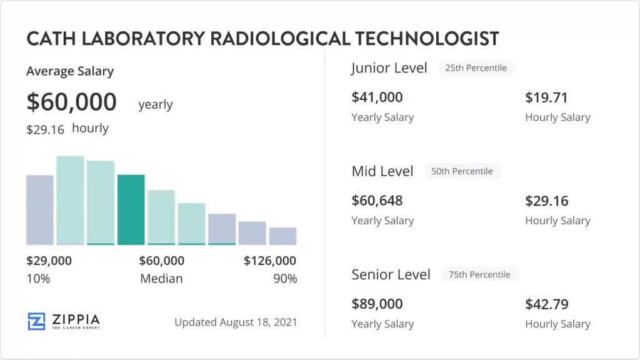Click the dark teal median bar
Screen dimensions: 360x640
click(x=131, y=209)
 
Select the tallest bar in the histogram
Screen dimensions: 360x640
click(x=70, y=200)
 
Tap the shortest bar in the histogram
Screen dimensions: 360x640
click(x=282, y=236)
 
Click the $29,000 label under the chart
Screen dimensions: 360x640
click(x=49, y=261)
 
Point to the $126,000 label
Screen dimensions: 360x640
click(x=270, y=261)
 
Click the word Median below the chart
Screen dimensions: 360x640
click(x=161, y=279)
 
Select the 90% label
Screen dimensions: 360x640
click(x=285, y=279)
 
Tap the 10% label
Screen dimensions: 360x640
click(x=38, y=279)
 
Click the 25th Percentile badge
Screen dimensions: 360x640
click(x=476, y=68)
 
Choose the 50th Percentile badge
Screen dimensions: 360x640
click(x=462, y=171)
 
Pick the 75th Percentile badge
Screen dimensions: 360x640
click(x=479, y=274)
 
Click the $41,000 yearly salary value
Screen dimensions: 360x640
click(x=377, y=97)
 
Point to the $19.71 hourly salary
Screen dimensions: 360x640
click(x=546, y=97)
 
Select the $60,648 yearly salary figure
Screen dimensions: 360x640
click(x=377, y=201)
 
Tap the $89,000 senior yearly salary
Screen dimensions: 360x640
click(x=377, y=304)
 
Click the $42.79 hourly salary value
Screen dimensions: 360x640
click(x=547, y=304)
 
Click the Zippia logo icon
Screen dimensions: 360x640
click(x=37, y=321)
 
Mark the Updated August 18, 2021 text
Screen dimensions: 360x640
click(x=236, y=322)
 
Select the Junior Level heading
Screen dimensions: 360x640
click(x=389, y=68)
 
